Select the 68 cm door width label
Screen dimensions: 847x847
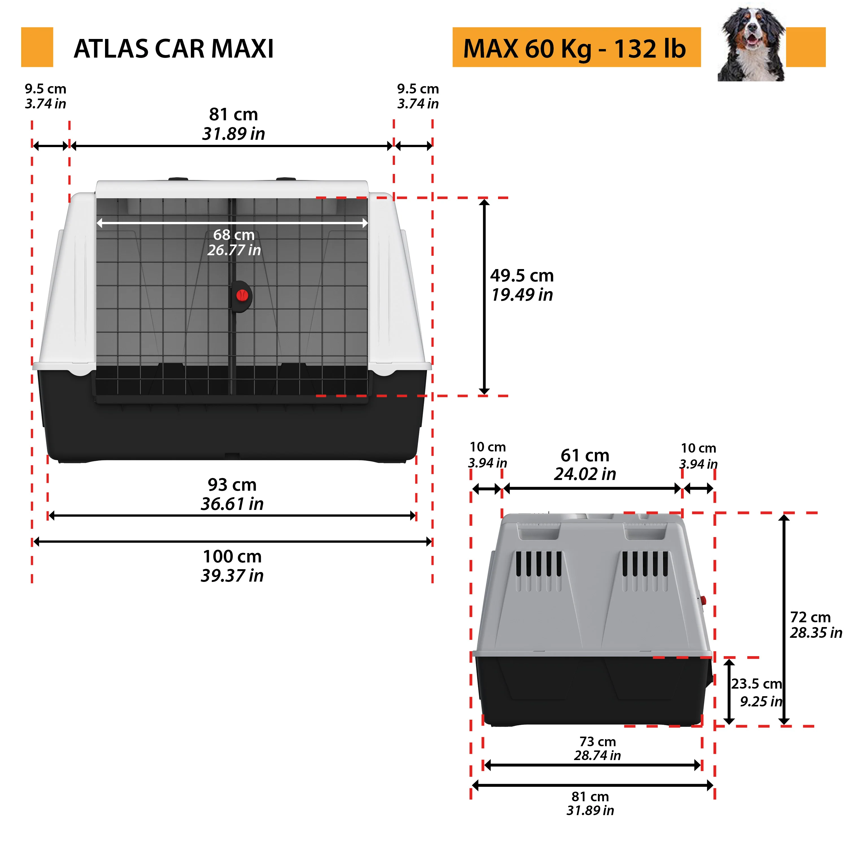pos(234,242)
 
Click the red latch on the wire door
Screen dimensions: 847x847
pos(242,296)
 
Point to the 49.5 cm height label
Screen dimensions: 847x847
pos(522,285)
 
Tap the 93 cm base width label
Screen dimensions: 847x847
pos(232,494)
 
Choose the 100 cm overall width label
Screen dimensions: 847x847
pos(232,566)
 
